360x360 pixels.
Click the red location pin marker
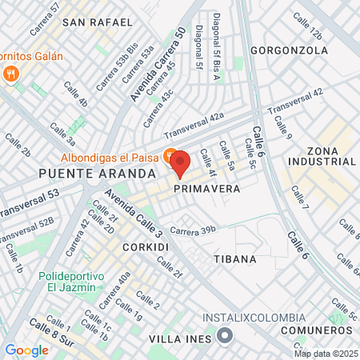pyautogui.click(x=179, y=163)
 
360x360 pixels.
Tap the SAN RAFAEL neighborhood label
pyautogui.click(x=98, y=22)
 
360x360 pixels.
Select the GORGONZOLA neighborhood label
pyautogui.click(x=289, y=50)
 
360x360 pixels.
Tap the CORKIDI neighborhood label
pyautogui.click(x=146, y=248)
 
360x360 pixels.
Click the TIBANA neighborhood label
pyautogui.click(x=235, y=259)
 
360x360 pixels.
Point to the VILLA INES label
pyautogui.click(x=181, y=339)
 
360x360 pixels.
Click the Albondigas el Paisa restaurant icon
pyautogui.click(x=170, y=154)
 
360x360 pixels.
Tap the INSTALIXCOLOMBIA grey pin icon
pyautogui.click(x=226, y=334)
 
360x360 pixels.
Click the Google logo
pyautogui.click(x=26, y=350)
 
